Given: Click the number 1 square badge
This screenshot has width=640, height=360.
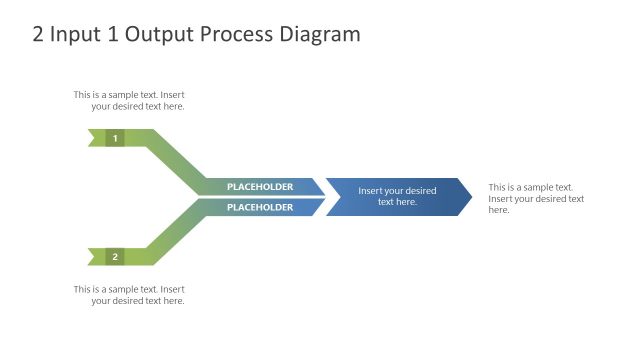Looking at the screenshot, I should pos(115,138).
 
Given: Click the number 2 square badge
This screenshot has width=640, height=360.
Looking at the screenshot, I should pos(115,257).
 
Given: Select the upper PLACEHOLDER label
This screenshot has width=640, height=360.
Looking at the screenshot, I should pos(260,187).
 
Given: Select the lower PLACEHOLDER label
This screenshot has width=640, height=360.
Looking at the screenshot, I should pos(260,207).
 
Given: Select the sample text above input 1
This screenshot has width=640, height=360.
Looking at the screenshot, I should pos(129,100).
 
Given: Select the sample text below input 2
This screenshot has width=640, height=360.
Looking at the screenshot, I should pos(129,295).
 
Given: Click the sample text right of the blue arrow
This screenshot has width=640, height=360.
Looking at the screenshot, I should pos(536,198).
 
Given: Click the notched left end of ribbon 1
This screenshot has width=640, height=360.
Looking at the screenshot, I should pos(93,138).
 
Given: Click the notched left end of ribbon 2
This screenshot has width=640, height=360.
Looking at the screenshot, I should pos(93,257).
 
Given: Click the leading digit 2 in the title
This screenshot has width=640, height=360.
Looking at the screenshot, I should pos(39,35).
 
